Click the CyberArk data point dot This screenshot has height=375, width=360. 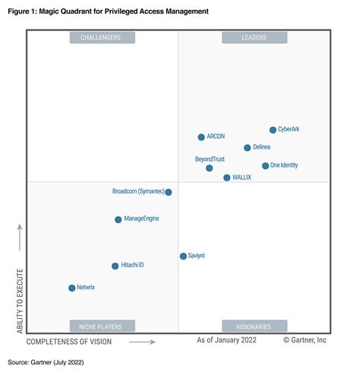pos(273,130)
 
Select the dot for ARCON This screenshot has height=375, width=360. pos(201,137)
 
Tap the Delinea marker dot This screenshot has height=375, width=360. pos(248,148)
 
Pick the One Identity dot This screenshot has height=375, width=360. pos(265,165)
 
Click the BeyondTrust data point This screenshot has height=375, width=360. pos(210,168)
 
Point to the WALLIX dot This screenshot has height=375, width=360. pos(227,178)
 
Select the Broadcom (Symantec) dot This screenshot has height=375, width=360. pos(169,192)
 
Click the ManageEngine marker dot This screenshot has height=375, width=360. pos(118,219)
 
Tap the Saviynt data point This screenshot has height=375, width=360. pos(183,257)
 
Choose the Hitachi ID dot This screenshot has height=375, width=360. pos(115,266)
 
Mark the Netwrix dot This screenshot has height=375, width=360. pos(72,288)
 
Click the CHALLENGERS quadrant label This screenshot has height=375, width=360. pos(102,37)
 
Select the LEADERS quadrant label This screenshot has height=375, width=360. pos(254,37)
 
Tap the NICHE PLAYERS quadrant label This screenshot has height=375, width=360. pos(102,326)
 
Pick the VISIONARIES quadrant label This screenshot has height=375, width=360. pos(254,326)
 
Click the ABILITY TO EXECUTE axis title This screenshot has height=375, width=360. pos(21,301)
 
